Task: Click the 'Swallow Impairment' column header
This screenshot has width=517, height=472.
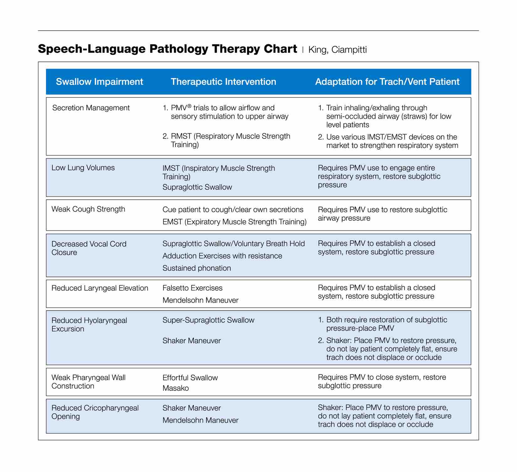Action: click(99, 82)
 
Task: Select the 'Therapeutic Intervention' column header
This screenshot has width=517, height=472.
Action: click(223, 82)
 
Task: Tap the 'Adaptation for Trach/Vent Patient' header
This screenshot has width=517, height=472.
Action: click(387, 82)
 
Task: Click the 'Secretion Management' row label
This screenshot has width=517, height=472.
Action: click(91, 108)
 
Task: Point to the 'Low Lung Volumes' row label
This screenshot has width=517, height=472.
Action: click(83, 168)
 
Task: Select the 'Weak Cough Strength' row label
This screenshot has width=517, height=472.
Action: click(88, 209)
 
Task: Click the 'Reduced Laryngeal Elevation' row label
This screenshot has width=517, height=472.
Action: click(100, 288)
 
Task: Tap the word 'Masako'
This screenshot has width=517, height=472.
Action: click(175, 388)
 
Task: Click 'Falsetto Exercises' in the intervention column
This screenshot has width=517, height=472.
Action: click(192, 288)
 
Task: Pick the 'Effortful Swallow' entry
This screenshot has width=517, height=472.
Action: click(190, 378)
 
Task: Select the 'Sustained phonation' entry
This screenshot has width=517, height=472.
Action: click(196, 268)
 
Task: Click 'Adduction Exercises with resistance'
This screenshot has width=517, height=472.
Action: click(222, 256)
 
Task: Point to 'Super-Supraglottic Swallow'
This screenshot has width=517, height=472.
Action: click(208, 320)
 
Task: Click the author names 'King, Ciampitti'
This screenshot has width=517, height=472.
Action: click(337, 50)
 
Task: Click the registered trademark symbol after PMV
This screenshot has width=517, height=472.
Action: click(189, 106)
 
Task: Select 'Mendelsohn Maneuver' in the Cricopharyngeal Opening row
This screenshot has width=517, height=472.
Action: click(200, 420)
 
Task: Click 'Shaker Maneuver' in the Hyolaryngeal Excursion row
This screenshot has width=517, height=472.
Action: click(191, 341)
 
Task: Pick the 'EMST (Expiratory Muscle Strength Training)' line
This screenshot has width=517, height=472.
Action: click(234, 222)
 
